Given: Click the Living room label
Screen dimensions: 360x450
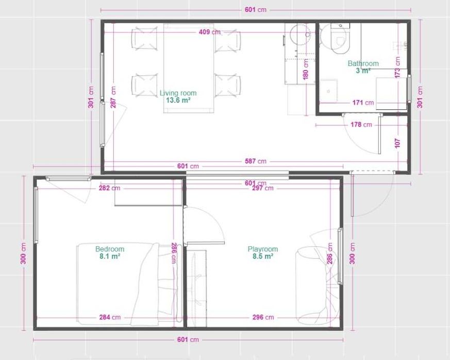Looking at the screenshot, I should point(178,93).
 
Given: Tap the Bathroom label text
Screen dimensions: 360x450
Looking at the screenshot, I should point(363,64).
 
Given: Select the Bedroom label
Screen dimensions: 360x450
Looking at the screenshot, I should point(110,249).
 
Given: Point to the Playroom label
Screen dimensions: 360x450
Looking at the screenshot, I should point(263,249).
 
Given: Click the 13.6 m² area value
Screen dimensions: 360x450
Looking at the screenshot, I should point(178,100).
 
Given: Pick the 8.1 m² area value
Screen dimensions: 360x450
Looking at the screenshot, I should point(110,256).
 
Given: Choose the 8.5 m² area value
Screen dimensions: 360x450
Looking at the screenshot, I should point(263,256).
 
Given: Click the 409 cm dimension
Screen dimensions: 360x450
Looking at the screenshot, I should point(209,32).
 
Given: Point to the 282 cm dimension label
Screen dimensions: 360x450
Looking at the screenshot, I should point(109,188).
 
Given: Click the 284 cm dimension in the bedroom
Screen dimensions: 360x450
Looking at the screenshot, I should point(110,317).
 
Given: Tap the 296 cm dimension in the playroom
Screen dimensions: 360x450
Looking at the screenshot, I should point(263,317).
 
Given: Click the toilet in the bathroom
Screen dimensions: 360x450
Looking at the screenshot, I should point(339,40).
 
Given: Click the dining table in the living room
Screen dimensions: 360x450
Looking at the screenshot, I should point(189,67).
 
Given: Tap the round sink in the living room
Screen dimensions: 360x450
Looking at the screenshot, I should point(300,34).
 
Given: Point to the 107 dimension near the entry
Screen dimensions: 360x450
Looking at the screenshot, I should point(397,143).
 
